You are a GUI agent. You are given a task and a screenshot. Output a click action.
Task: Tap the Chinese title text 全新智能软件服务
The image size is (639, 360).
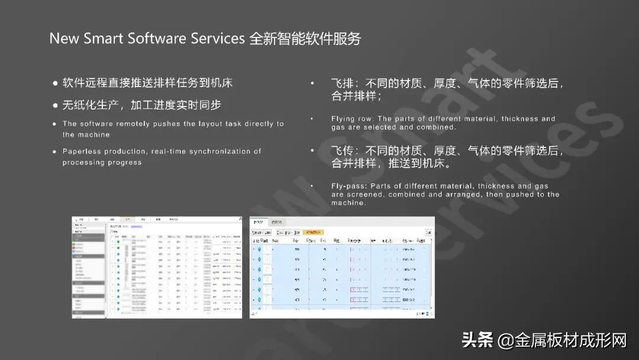pos(305,39)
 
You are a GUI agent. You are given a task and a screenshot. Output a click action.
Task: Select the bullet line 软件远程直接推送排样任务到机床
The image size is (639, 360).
pos(147,83)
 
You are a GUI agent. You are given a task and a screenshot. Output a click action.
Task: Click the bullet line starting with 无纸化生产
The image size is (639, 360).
pos(141,105)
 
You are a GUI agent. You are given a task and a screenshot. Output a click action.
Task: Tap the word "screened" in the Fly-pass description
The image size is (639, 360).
pos(365,194)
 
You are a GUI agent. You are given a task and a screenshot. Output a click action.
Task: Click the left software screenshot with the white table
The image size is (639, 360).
pos(157,267)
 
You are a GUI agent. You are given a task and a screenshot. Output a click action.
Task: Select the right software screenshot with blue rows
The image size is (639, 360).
pos(342,267)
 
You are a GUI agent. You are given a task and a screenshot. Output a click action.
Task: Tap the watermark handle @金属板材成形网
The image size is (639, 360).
pos(562,340)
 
